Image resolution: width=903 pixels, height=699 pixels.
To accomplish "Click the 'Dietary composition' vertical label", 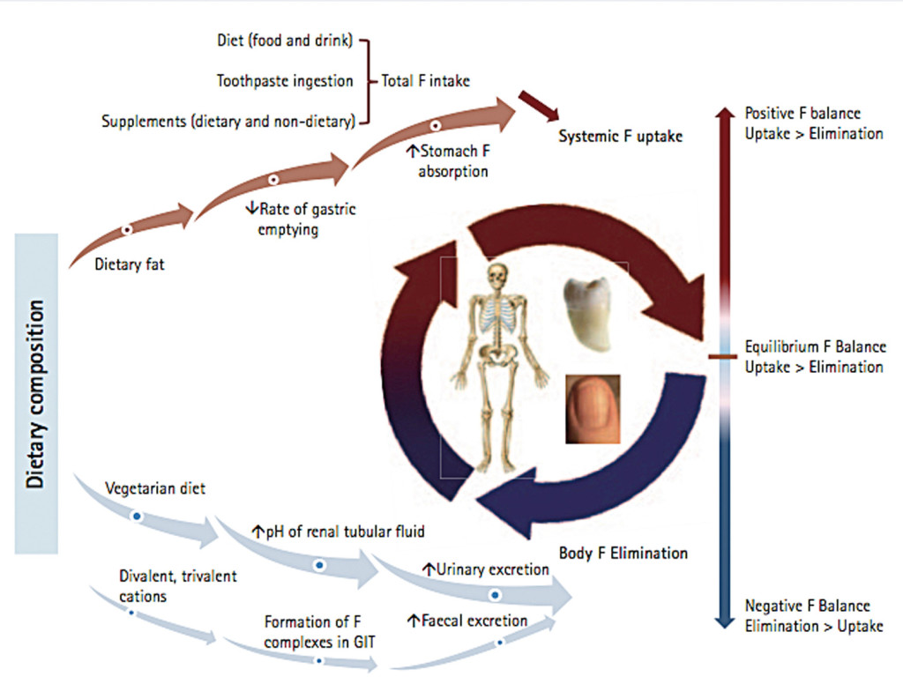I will [x=36, y=393].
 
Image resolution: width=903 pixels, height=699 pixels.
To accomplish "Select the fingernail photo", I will [x=593, y=408].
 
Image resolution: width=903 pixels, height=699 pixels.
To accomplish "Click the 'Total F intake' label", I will [x=425, y=81].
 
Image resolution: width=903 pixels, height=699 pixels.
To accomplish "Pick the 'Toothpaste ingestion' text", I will [x=285, y=81].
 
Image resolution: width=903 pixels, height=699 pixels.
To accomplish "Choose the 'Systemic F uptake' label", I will [x=620, y=138].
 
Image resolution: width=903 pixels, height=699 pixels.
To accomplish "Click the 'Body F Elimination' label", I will [x=623, y=554].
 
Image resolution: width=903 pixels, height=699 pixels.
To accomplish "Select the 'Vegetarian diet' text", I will [x=155, y=487].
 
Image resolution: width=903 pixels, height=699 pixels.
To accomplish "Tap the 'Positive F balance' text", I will [x=802, y=114].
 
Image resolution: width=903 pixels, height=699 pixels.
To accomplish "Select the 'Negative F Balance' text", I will [x=807, y=606].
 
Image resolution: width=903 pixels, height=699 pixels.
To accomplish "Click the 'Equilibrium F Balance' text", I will [x=815, y=347].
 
